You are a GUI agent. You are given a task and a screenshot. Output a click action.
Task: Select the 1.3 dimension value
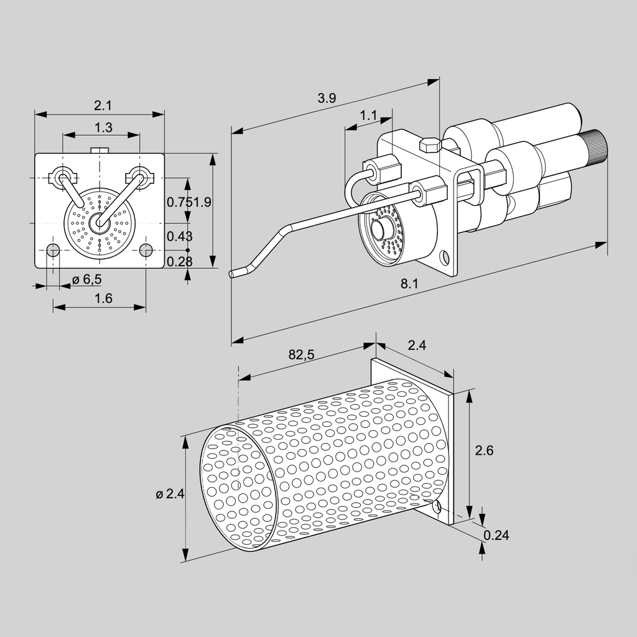click(x=103, y=128)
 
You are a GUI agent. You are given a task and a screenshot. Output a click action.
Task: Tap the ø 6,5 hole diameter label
click(x=86, y=279)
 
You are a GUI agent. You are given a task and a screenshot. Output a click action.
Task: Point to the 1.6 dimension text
click(x=103, y=299)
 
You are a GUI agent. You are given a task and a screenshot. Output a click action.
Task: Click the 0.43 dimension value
click(x=180, y=236)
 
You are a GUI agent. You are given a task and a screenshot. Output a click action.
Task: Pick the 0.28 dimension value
click(x=180, y=261)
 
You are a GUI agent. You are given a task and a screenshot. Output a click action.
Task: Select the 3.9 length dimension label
click(x=327, y=98)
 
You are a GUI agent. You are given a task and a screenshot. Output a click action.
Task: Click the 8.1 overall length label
click(x=409, y=284)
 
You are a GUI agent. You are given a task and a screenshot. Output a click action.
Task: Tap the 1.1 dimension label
click(x=369, y=115)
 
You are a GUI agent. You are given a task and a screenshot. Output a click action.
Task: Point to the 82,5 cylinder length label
click(x=302, y=355)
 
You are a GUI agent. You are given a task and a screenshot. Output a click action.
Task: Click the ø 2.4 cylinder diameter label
click(x=170, y=495)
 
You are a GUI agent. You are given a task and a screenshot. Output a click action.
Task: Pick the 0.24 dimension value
click(x=496, y=535)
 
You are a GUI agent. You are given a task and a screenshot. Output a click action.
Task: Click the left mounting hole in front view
click(x=53, y=251)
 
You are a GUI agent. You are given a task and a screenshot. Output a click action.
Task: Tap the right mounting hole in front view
click(x=146, y=250)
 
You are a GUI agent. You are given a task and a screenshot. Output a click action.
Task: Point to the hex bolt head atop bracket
click(x=430, y=145)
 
